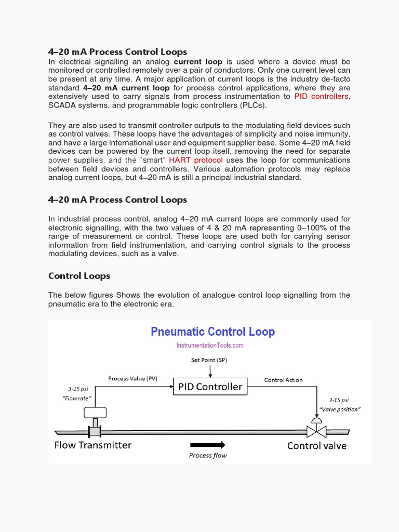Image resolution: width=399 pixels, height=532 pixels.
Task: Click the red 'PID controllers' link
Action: click(x=322, y=96)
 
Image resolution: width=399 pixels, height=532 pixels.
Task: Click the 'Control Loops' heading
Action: click(x=79, y=275)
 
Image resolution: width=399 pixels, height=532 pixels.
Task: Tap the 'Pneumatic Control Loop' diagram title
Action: click(x=212, y=331)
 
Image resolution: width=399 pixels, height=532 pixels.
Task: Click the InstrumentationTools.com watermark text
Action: click(x=210, y=345)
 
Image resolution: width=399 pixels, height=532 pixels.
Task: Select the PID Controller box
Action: click(x=210, y=387)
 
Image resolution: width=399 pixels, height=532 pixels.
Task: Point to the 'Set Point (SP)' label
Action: click(x=209, y=360)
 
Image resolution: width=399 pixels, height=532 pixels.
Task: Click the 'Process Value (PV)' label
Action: click(x=132, y=378)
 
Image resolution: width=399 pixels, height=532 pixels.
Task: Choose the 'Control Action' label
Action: click(x=283, y=380)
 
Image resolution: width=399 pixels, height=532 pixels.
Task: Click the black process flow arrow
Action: click(x=207, y=445)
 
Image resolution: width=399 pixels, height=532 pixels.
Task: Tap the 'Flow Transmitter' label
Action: click(x=93, y=445)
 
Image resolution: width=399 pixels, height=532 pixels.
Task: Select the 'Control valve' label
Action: click(x=316, y=446)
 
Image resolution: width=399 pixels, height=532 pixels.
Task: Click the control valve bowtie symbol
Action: click(x=316, y=431)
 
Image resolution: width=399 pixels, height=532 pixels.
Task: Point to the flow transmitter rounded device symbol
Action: click(x=95, y=413)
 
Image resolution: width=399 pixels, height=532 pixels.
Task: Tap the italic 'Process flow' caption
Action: click(x=207, y=456)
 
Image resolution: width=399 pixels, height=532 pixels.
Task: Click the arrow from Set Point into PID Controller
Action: click(x=210, y=371)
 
